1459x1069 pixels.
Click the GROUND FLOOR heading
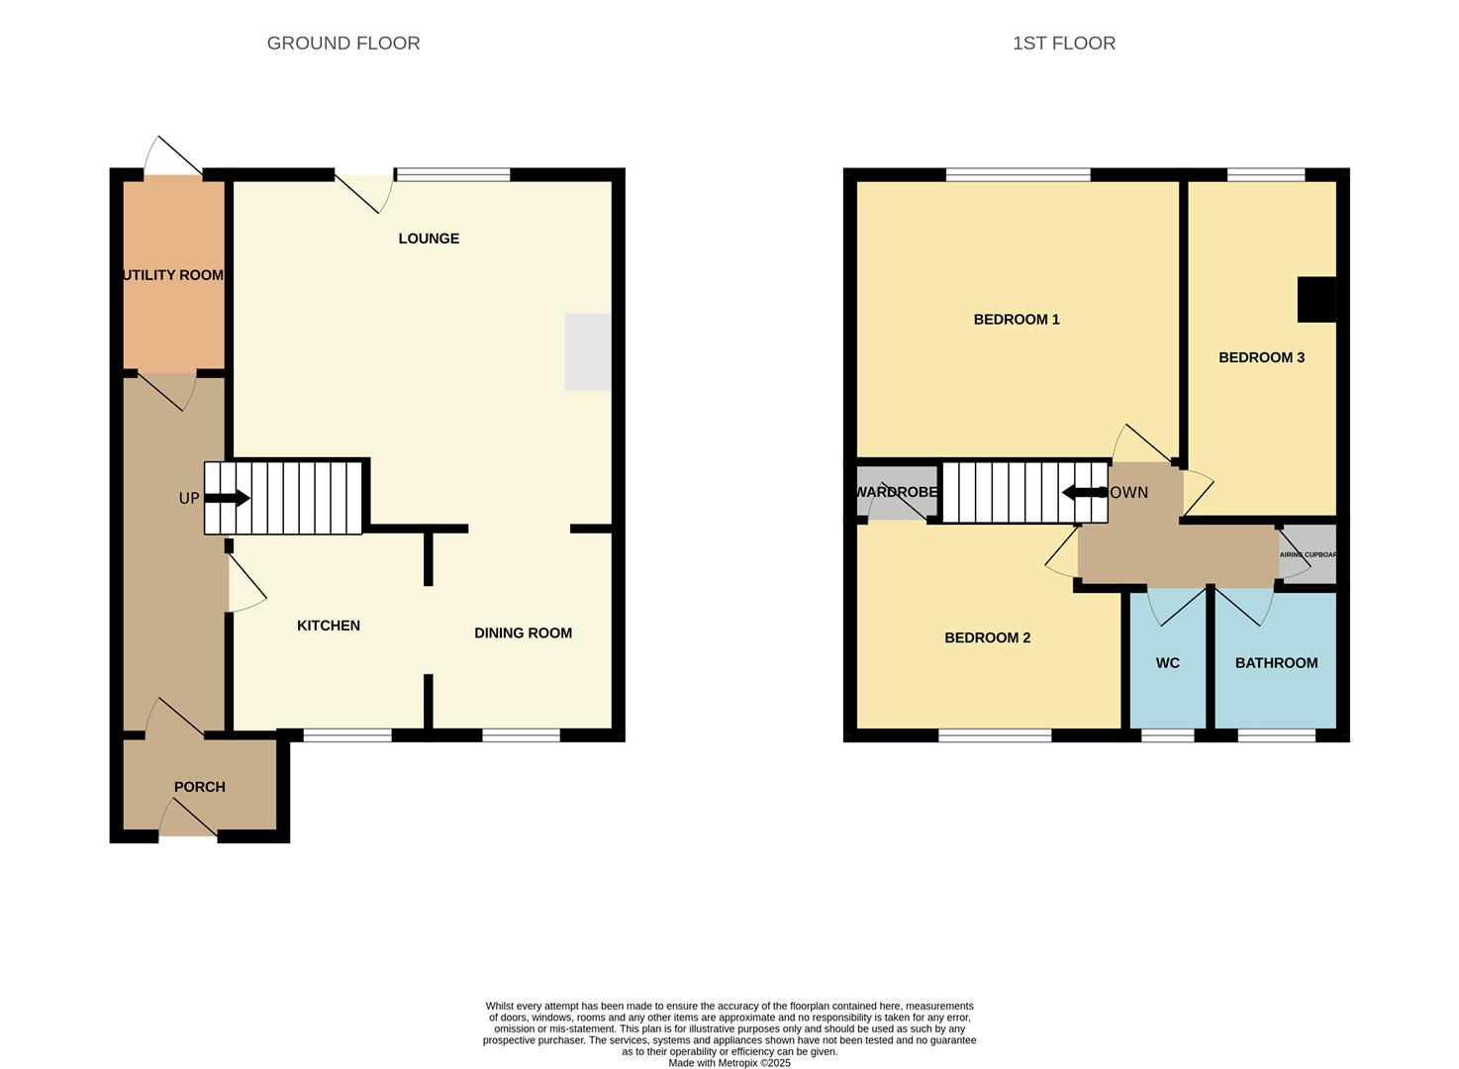[x=343, y=44]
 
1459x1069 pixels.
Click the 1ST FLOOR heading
[x=1064, y=44]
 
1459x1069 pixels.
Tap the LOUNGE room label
[x=429, y=239]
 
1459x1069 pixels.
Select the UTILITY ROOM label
[x=173, y=275]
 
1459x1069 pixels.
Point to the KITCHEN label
[x=329, y=626]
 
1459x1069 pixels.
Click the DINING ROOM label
[x=523, y=633]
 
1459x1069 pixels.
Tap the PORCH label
[x=199, y=787]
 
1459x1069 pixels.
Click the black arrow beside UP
[x=227, y=498]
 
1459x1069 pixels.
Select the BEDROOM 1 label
[x=1017, y=320]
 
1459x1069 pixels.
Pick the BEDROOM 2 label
[x=987, y=638]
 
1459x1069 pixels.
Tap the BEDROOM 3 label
[x=1261, y=357]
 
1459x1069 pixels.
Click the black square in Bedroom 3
[x=1316, y=300]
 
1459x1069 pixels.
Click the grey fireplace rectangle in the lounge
[x=588, y=352]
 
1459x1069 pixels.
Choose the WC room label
[x=1168, y=663]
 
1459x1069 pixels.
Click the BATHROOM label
[x=1276, y=663]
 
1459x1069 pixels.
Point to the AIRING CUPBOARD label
[x=1308, y=554]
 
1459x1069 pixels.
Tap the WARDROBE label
[x=896, y=492]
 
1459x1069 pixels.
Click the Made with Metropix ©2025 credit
[x=729, y=1063]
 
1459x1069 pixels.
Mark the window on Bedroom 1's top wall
[x=1018, y=175]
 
